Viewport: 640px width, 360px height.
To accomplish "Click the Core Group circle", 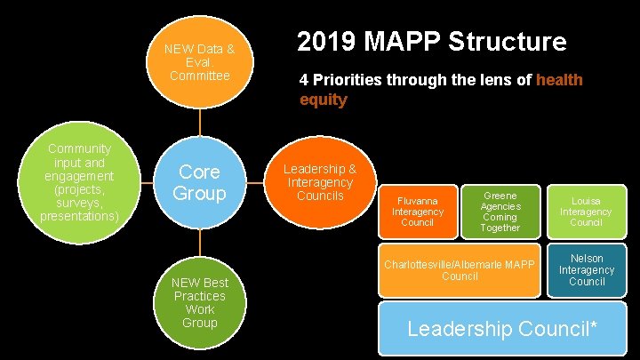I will point(199,182).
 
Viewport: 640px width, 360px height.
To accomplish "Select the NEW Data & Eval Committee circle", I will point(199,61).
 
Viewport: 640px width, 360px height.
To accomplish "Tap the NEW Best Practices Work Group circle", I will point(199,302).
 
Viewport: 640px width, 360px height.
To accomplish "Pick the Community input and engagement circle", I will point(80,182).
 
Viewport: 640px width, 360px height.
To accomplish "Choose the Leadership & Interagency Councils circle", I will point(319,182).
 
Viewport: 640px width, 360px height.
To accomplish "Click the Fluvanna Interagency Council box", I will point(417,212).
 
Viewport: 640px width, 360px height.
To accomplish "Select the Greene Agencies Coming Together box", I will point(500,212).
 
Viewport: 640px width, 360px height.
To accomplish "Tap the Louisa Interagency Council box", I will point(586,212).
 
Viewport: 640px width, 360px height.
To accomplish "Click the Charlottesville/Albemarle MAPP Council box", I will point(460,269).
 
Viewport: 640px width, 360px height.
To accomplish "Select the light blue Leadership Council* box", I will point(501,328).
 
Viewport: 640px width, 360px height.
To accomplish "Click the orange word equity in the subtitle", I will point(323,100).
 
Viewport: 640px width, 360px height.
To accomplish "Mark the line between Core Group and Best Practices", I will point(199,243).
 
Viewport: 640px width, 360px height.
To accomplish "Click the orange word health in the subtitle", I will point(560,80).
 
